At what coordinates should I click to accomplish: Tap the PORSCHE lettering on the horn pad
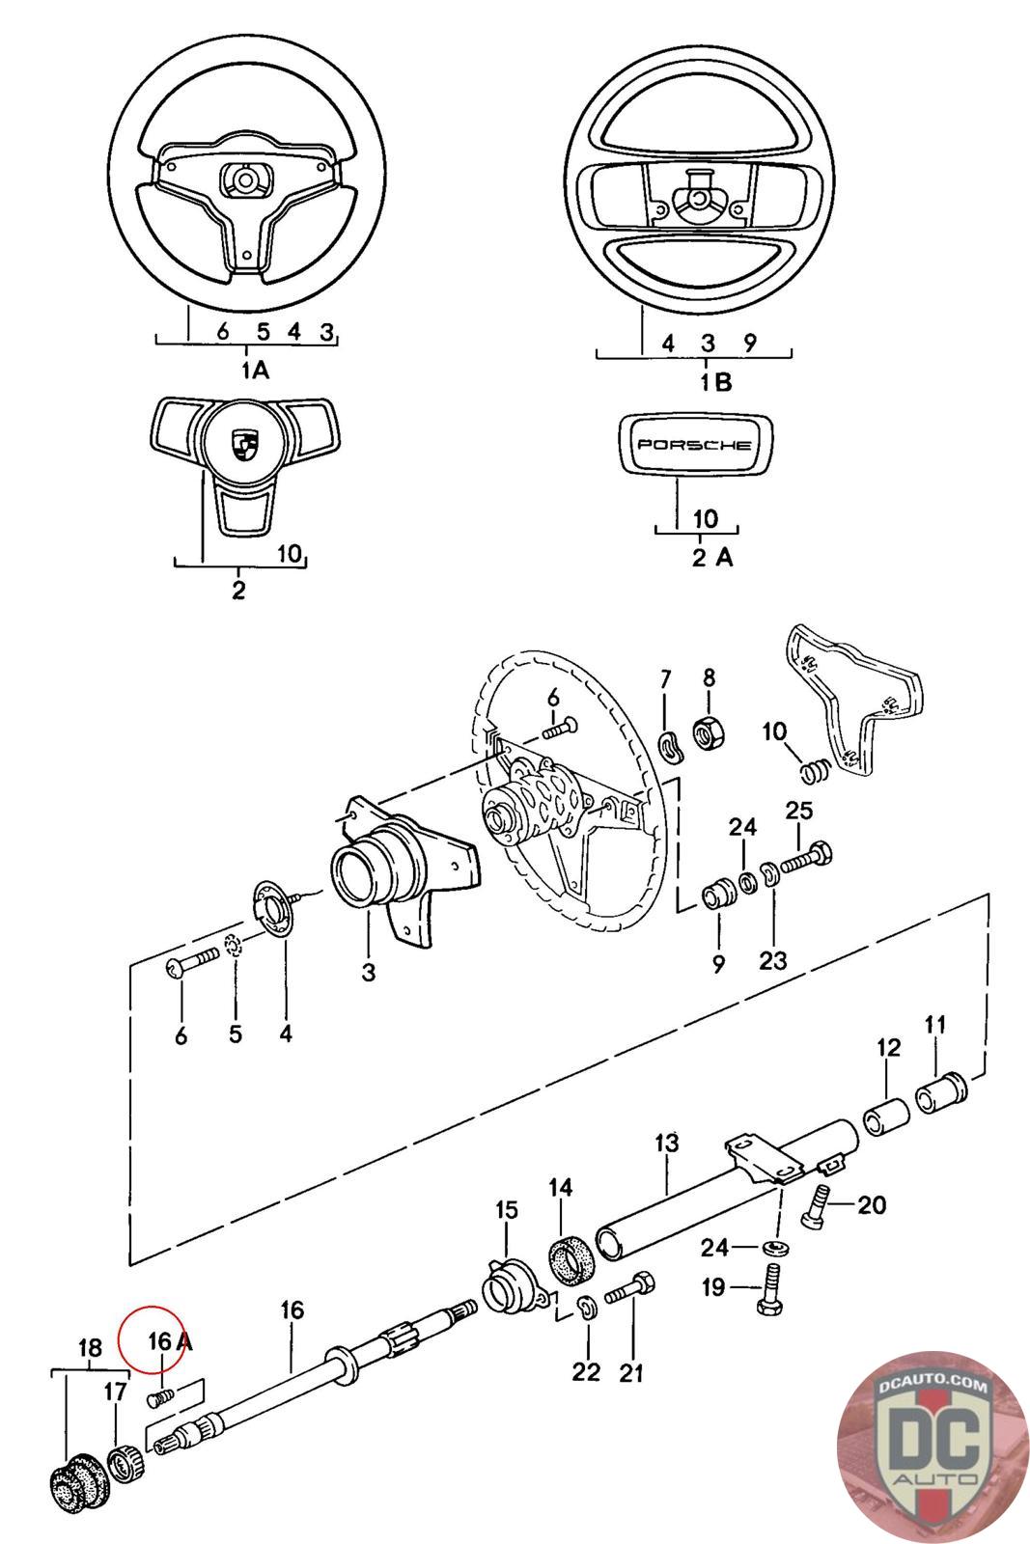pyautogui.click(x=691, y=446)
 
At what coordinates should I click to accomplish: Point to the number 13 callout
pyautogui.click(x=667, y=1144)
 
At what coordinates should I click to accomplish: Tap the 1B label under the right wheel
pyautogui.click(x=716, y=382)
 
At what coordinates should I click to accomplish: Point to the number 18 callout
pyautogui.click(x=89, y=1348)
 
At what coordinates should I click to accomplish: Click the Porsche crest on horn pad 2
pyautogui.click(x=240, y=447)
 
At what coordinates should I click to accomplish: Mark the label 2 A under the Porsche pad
pyautogui.click(x=712, y=557)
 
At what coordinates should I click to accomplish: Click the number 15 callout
pyautogui.click(x=507, y=1210)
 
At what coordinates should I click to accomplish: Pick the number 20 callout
pyautogui.click(x=871, y=1204)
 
